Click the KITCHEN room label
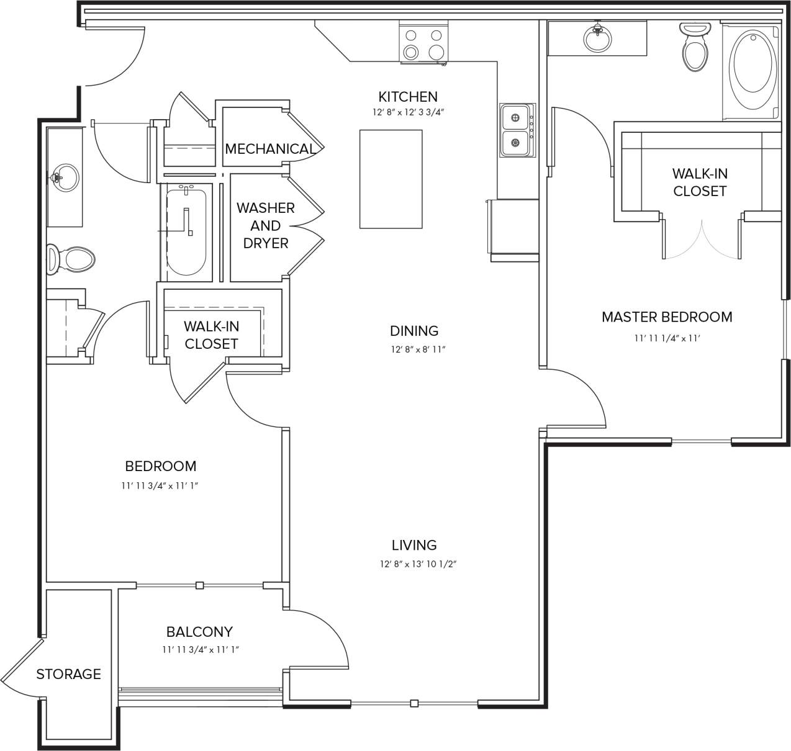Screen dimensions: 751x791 (408, 97)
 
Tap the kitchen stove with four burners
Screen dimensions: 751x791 (423, 43)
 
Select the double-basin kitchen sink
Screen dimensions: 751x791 (515, 130)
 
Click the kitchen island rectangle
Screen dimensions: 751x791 (391, 179)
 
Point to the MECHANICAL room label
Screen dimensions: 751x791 (269, 149)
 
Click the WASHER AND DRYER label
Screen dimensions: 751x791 (265, 225)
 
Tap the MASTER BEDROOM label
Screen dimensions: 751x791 (667, 317)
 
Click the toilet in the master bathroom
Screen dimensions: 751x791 (695, 48)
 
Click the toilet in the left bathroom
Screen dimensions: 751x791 (71, 259)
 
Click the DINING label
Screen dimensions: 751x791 (414, 331)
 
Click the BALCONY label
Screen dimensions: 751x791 (199, 632)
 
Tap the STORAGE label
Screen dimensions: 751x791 (68, 674)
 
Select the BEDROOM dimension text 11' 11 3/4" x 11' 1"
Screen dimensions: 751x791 (160, 486)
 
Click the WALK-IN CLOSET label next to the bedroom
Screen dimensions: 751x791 (211, 335)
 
